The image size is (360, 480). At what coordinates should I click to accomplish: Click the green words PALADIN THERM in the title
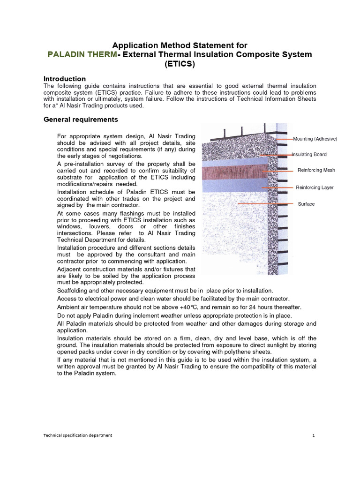[x=82, y=55]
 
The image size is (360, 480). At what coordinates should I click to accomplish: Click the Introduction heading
[x=64, y=79]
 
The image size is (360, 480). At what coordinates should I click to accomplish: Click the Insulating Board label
[x=309, y=155]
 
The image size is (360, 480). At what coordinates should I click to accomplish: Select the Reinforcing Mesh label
[x=316, y=170]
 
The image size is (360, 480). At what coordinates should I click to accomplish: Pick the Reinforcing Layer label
[x=314, y=187]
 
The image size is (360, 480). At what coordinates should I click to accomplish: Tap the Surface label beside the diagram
[x=307, y=204]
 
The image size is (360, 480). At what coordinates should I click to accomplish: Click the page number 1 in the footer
[x=313, y=435]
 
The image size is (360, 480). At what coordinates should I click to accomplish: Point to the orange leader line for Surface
[x=262, y=204]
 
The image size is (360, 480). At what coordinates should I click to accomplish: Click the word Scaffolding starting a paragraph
[x=73, y=291]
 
